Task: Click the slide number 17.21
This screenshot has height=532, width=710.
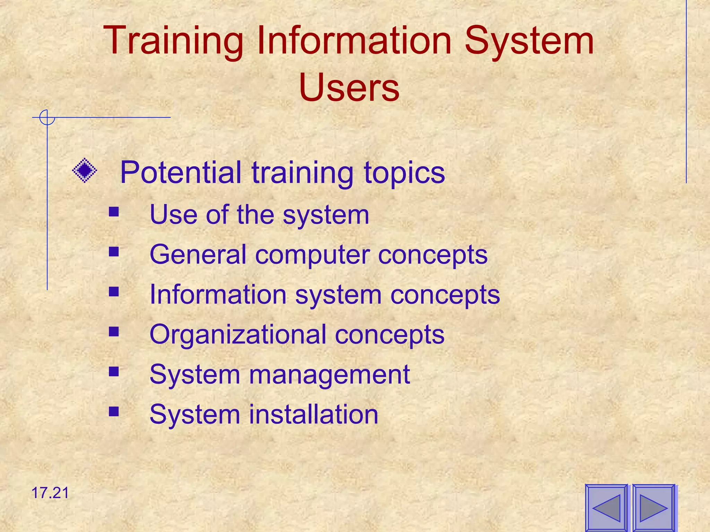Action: [x=50, y=493]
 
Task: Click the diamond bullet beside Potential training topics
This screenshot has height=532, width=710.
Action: [x=85, y=170]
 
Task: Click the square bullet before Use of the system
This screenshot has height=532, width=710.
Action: [x=114, y=212]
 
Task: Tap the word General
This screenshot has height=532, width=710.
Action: [x=198, y=255]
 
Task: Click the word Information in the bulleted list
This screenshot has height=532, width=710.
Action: [x=218, y=294]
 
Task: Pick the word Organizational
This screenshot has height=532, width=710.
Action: [x=238, y=335]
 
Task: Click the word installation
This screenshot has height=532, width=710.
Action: [x=313, y=414]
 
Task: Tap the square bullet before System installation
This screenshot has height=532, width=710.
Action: [x=114, y=411]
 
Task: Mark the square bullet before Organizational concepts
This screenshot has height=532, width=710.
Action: [x=114, y=331]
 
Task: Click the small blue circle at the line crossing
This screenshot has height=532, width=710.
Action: [x=47, y=117]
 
